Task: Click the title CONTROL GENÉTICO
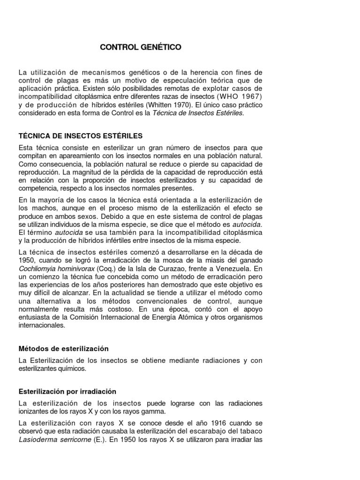140,47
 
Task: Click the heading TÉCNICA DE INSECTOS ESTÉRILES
80,136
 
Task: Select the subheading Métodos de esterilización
63,349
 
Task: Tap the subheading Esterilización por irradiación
67,391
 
